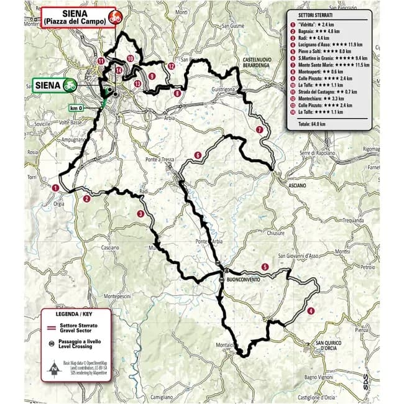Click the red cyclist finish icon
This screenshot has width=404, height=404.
(113, 17)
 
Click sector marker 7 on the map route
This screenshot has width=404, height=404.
(259, 130)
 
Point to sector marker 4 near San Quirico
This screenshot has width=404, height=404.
(310, 311)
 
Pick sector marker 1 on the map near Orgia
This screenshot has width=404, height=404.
(55, 187)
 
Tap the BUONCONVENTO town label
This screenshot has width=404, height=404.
(241, 280)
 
